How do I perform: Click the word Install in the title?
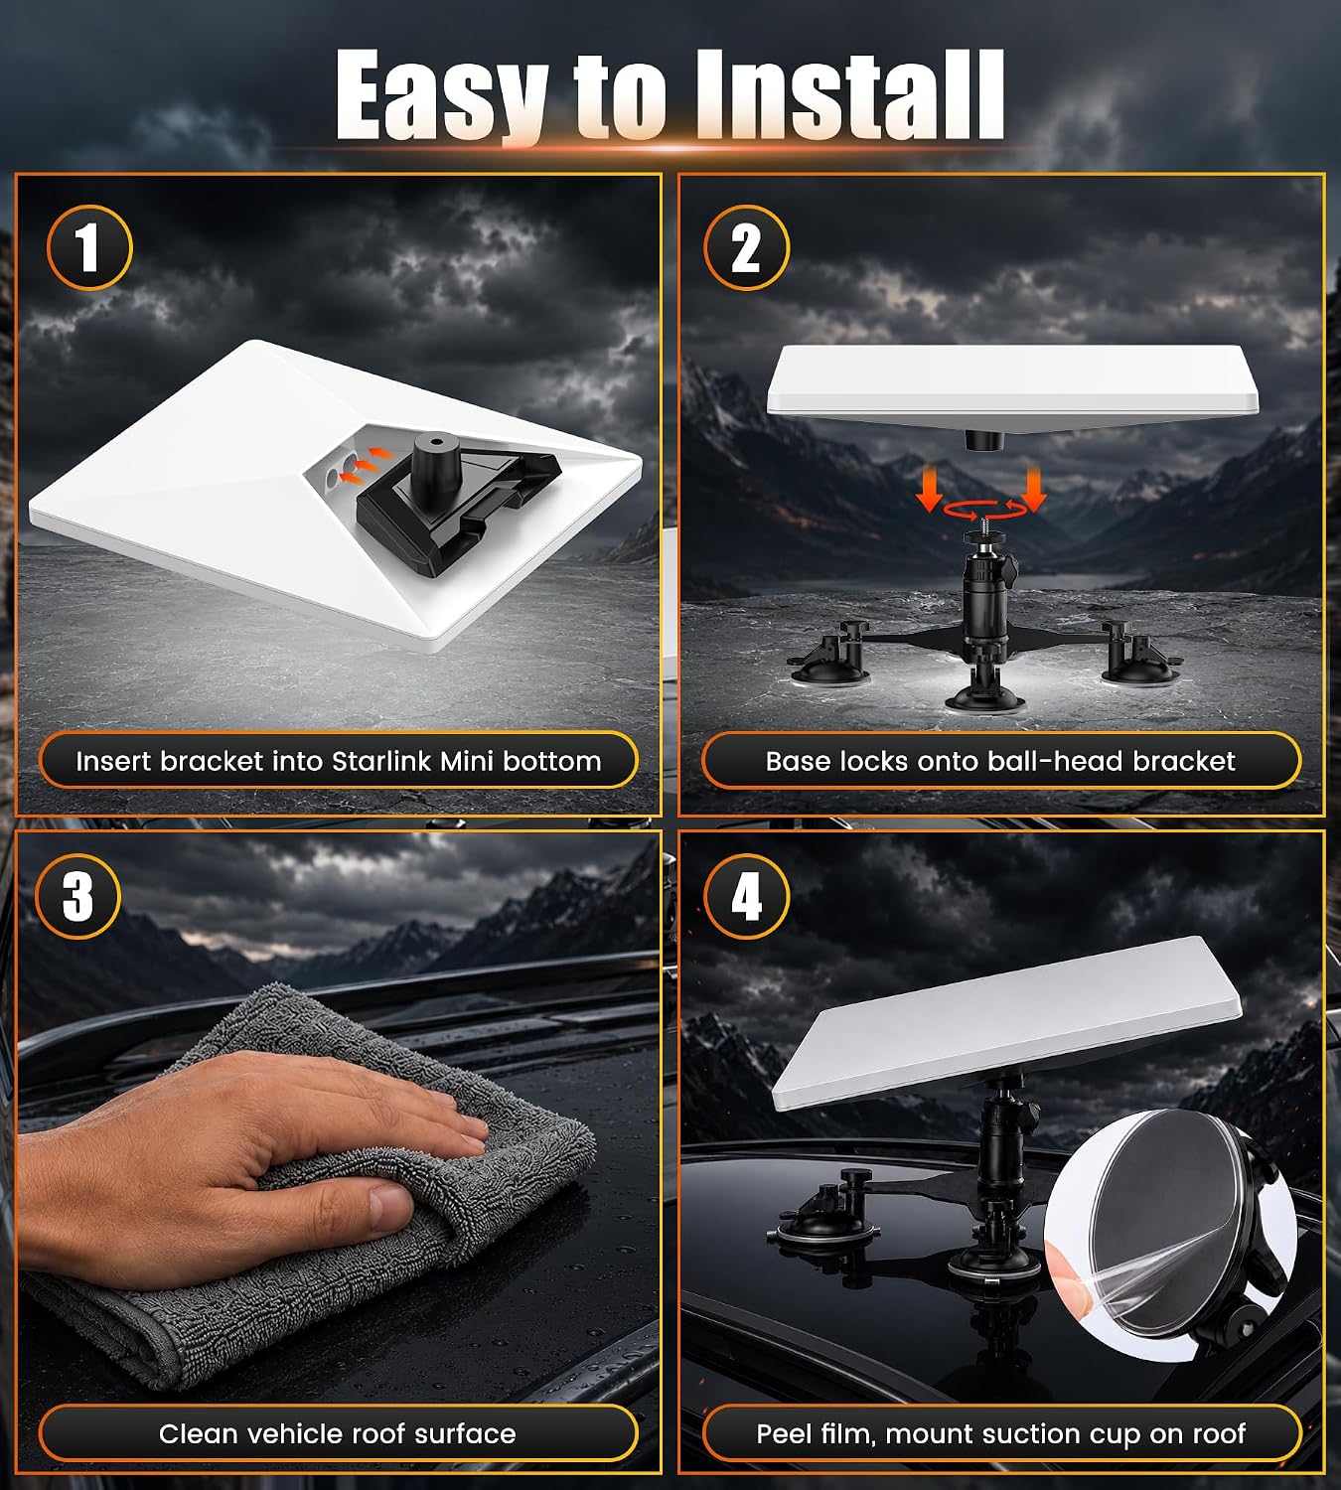tap(849, 94)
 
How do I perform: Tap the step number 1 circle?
tap(89, 247)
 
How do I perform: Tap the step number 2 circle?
tap(746, 247)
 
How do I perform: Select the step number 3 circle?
tap(78, 897)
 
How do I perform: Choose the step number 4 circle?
tap(746, 897)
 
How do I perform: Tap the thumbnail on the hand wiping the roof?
tap(387, 1206)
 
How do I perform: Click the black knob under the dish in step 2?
tap(984, 441)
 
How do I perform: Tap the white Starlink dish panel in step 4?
tap(1006, 1023)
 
